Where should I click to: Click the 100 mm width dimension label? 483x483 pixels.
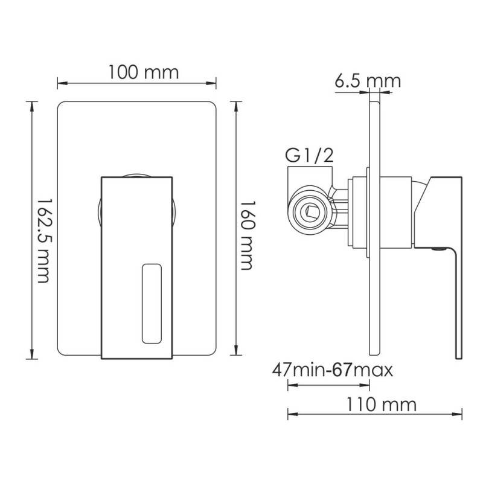143,72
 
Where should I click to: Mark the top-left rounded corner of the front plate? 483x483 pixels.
61,107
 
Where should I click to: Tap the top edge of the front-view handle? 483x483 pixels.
136,178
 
